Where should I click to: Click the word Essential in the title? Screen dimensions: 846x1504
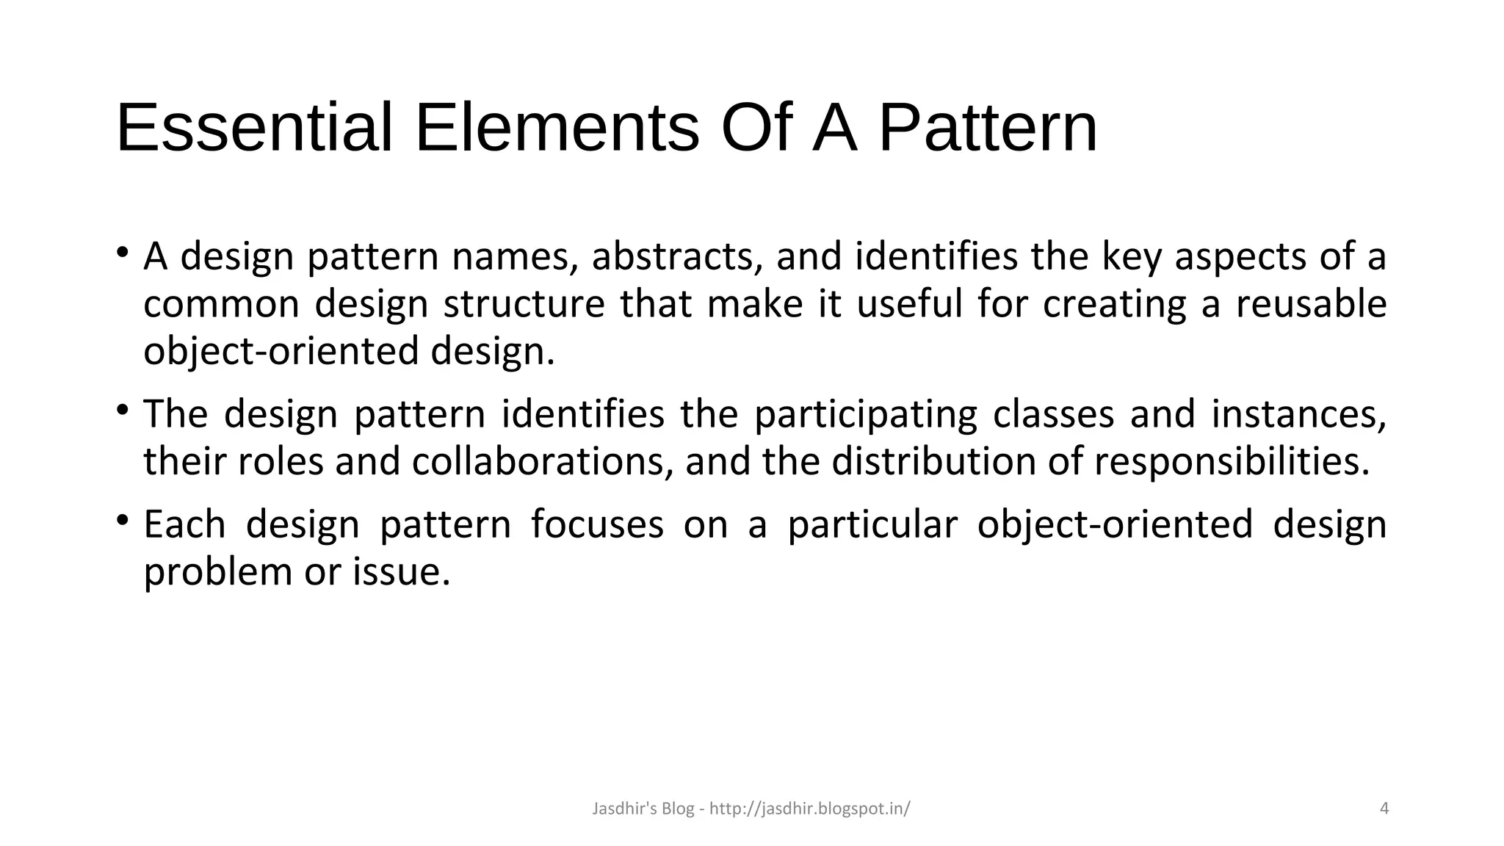[x=254, y=129]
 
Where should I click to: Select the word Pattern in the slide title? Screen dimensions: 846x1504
[x=988, y=129]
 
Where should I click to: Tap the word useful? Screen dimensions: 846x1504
[x=909, y=304]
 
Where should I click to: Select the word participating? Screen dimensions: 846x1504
[x=866, y=415]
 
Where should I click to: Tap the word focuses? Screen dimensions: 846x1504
[x=597, y=524]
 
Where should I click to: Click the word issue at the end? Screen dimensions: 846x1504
[x=400, y=571]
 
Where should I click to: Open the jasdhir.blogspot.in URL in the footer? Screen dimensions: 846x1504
[x=810, y=809]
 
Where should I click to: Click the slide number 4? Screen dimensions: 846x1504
[x=1384, y=809]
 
